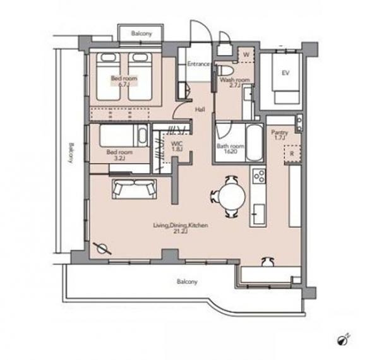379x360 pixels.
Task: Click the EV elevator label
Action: pos(286,73)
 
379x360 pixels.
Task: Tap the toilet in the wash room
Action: pos(226,70)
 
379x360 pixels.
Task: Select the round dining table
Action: pos(232,196)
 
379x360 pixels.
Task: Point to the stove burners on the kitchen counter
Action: pos(260,176)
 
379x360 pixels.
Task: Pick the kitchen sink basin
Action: pos(259,214)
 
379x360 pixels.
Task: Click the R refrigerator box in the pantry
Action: pos(292,153)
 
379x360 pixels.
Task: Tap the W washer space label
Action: pos(246,54)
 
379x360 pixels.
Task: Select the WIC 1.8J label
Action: pos(177,147)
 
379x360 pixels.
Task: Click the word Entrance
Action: pos(198,64)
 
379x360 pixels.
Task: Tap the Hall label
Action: pos(200,109)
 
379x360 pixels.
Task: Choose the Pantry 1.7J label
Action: pos(280,135)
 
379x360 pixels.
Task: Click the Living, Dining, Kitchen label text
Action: pos(181,225)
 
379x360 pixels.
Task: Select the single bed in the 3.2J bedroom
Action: pos(123,136)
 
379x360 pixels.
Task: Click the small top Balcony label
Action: pos(141,33)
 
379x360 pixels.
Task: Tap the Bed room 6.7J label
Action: pos(124,81)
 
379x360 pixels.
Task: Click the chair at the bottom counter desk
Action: pos(268,261)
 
